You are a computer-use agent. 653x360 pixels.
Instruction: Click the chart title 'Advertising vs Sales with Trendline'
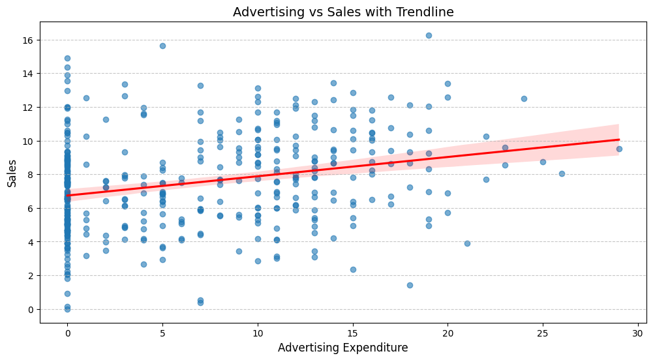(343, 12)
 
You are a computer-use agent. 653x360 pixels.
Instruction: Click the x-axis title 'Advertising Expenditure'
(343, 348)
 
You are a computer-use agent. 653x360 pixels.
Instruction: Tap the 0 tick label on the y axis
(31, 309)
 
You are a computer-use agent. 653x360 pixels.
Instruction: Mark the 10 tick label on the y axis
(29, 141)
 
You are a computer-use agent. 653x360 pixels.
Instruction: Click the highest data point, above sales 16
(429, 35)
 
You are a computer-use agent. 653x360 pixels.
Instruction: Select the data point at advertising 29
(619, 149)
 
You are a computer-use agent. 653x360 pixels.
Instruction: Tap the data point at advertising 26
(562, 173)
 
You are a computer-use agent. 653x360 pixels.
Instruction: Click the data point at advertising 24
(524, 98)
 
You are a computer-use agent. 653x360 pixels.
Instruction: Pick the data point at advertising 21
(467, 243)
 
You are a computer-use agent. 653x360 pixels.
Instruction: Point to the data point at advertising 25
(543, 162)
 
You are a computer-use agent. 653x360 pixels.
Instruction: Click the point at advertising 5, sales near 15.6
(162, 46)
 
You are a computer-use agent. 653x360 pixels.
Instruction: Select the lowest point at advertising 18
(410, 285)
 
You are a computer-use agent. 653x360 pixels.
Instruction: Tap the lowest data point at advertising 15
(353, 269)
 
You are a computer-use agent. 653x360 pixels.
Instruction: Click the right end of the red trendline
(618, 140)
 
